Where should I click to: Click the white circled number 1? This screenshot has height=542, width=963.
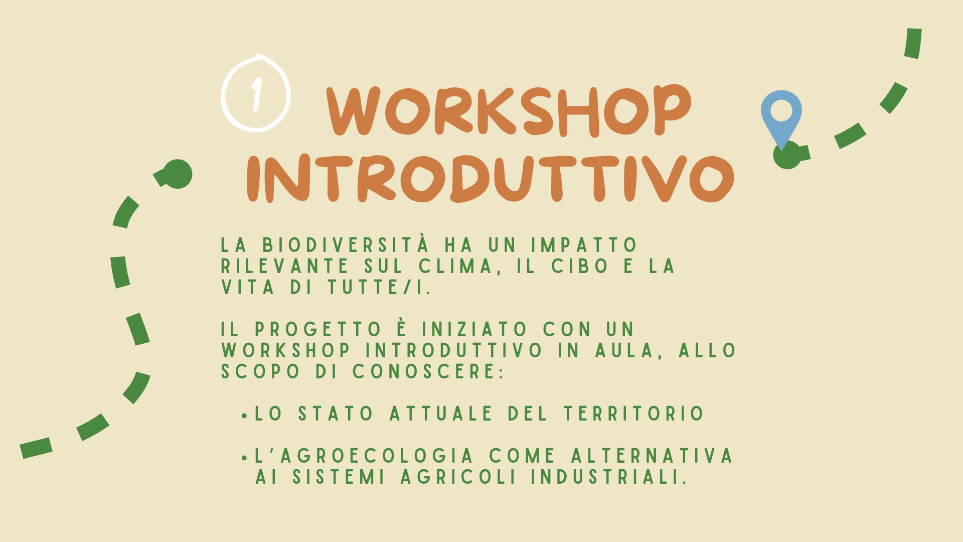[256, 94]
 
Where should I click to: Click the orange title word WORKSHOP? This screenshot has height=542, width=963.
[509, 110]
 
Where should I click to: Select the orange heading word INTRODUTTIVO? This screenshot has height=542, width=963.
[491, 178]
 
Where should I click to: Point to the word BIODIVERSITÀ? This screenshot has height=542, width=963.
[346, 245]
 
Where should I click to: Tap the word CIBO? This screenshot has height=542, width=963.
[580, 266]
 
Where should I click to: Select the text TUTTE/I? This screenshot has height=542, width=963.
[379, 288]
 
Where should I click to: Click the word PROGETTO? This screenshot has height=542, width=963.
[318, 330]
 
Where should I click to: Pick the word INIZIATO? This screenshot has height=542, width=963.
[474, 330]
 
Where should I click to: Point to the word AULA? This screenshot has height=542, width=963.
[625, 350]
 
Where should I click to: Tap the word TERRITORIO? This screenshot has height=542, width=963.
[634, 414]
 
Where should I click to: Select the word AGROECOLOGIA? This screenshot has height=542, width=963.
[377, 456]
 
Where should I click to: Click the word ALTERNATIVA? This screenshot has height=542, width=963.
[652, 456]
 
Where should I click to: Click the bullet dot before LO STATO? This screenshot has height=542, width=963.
[244, 416]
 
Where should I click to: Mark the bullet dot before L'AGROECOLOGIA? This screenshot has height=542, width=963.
[244, 458]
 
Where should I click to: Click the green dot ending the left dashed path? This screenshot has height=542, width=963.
[178, 174]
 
